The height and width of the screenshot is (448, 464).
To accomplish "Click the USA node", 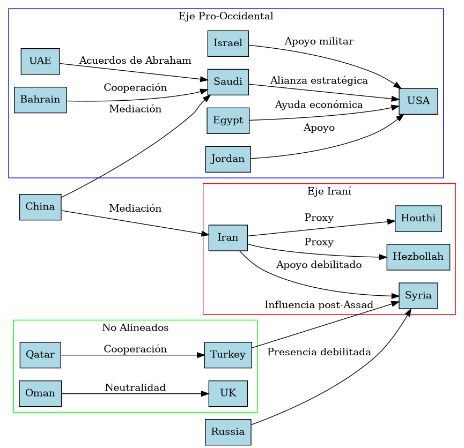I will click(x=418, y=101).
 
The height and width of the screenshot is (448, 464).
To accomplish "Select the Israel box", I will click(x=228, y=43).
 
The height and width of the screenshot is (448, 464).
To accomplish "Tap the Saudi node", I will click(x=228, y=82).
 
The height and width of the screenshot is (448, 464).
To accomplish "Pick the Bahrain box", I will click(x=40, y=100).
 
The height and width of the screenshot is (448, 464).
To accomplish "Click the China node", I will click(x=40, y=207).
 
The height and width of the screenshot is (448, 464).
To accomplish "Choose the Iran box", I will click(x=228, y=237).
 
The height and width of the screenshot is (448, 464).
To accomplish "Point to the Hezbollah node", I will click(x=418, y=257).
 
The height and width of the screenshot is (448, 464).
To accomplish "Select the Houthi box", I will click(x=418, y=218).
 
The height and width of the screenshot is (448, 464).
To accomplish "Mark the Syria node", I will click(x=418, y=296).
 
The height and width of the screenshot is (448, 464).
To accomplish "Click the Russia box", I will click(x=228, y=432).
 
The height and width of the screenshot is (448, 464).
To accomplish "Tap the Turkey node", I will click(x=228, y=355).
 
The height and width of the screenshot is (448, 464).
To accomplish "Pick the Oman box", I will click(x=40, y=393).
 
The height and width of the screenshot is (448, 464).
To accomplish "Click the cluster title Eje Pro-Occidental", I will click(x=226, y=16).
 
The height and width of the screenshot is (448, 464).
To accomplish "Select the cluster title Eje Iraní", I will click(x=329, y=191).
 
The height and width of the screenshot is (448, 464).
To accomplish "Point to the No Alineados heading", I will click(x=135, y=327).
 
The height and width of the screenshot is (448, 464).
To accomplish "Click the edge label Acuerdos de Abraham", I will click(x=135, y=60).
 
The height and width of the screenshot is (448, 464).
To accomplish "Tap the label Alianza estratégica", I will click(x=319, y=81).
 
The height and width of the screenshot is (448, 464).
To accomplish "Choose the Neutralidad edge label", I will click(x=135, y=387).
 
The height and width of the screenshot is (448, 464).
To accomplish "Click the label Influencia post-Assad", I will click(x=319, y=305).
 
